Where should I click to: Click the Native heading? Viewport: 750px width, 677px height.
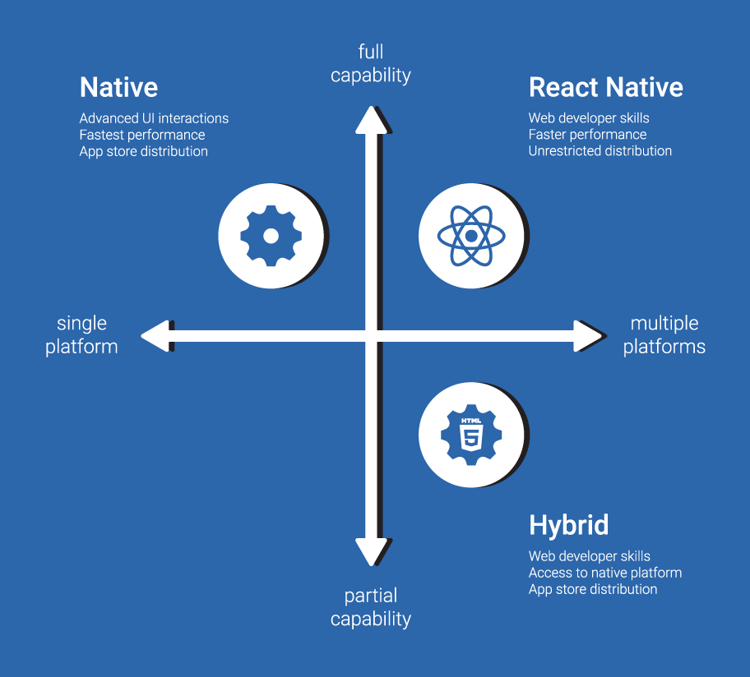(118, 87)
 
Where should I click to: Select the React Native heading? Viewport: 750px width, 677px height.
(605, 87)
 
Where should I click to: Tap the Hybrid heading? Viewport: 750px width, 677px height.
(568, 525)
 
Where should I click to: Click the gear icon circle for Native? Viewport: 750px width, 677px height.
(271, 236)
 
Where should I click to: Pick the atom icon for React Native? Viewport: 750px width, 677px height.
(471, 236)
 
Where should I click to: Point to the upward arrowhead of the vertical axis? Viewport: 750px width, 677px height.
(372, 119)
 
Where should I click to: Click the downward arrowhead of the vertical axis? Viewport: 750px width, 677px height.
(372, 551)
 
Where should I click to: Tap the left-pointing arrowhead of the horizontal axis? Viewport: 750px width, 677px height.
(155, 335)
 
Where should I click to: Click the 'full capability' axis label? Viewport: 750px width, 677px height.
(371, 64)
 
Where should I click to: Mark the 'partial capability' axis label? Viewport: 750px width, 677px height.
(371, 607)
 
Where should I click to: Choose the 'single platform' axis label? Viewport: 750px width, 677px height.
(81, 335)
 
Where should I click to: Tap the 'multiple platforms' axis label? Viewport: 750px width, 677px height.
(664, 335)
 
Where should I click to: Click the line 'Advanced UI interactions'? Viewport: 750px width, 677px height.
(154, 118)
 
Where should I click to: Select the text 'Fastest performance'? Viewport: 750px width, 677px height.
(142, 135)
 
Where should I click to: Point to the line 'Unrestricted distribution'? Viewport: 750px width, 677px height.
(600, 151)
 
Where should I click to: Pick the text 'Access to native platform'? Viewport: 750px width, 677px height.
(604, 573)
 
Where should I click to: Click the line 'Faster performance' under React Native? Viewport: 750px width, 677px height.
(587, 135)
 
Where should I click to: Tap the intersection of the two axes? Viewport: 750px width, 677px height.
(372, 335)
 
